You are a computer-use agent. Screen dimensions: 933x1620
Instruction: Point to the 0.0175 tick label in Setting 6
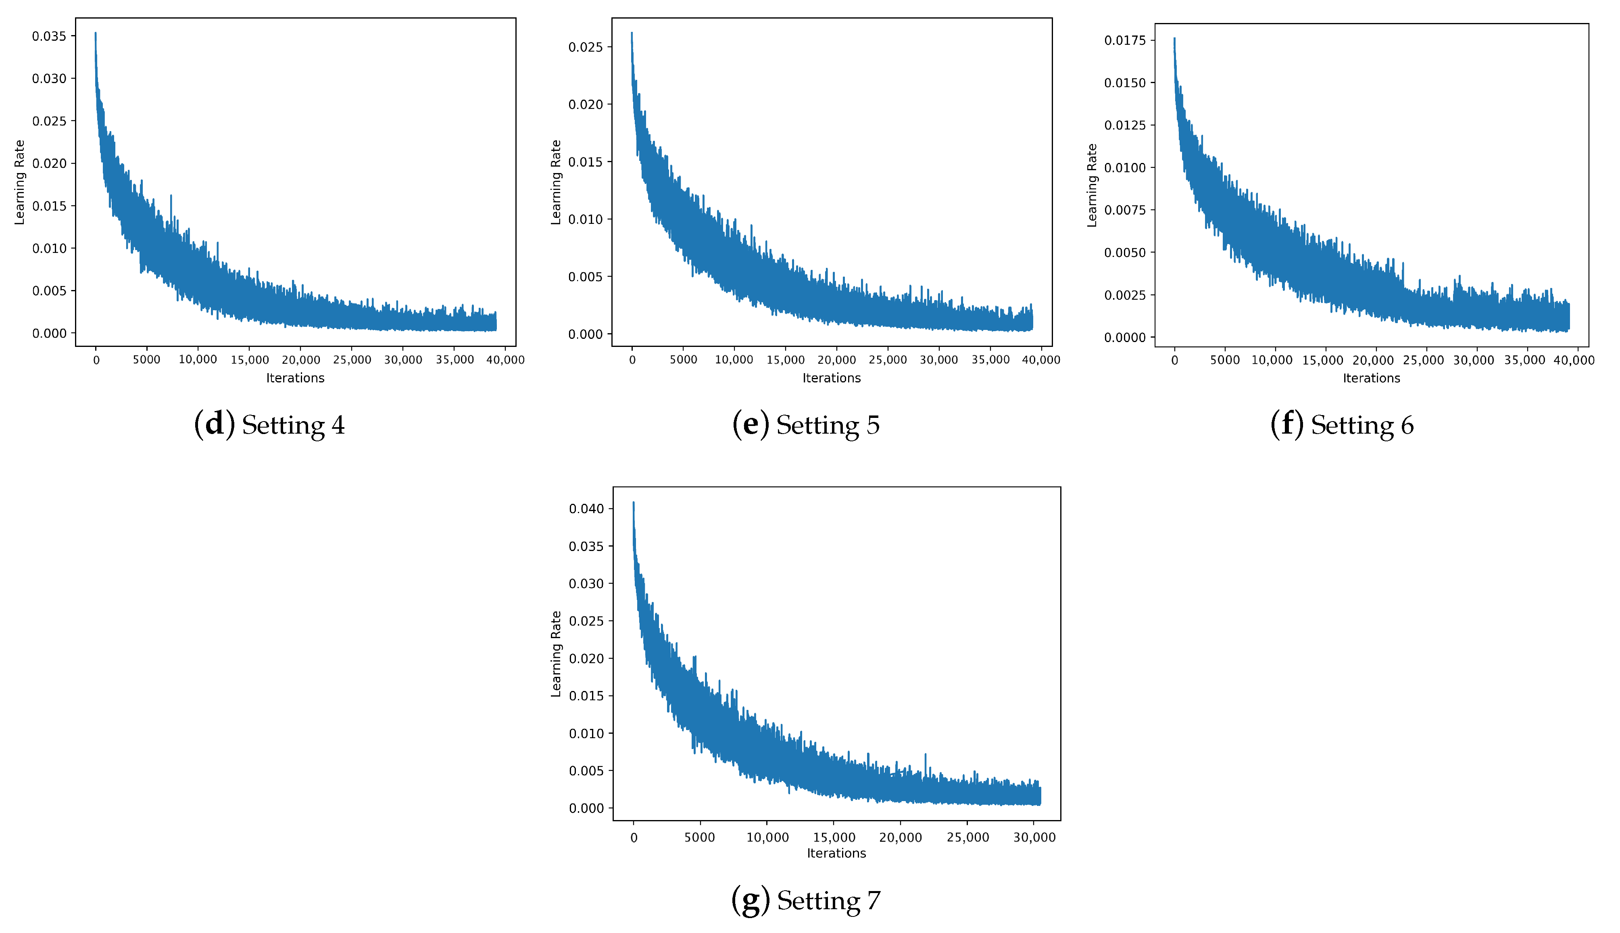pos(1124,40)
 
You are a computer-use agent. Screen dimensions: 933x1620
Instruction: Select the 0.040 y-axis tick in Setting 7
pos(586,509)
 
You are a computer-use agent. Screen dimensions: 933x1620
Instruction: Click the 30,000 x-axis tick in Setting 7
pos(1034,837)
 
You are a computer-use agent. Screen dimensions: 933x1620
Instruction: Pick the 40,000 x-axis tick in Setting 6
pos(1574,360)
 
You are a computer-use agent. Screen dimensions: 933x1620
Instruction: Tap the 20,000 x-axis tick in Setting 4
pos(300,359)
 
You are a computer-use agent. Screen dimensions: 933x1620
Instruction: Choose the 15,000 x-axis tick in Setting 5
pos(785,359)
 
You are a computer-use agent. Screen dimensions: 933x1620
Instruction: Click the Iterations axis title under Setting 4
pos(295,378)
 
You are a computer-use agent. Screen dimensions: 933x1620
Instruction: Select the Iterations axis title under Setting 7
pos(836,853)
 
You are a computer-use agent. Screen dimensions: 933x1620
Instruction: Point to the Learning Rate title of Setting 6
pos(1092,185)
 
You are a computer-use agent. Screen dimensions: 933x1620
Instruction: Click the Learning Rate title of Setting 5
pos(556,182)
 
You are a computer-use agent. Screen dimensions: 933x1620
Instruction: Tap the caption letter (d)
pos(215,425)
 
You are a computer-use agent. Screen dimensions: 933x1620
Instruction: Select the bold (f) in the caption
pos(1286,425)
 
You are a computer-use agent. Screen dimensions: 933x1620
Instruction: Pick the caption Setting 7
pos(828,900)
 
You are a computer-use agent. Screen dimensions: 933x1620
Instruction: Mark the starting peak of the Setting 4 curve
pos(96,33)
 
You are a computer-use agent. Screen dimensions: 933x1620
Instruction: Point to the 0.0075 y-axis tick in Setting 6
pos(1124,210)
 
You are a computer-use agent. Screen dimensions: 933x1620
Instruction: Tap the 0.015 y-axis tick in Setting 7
pos(586,696)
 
